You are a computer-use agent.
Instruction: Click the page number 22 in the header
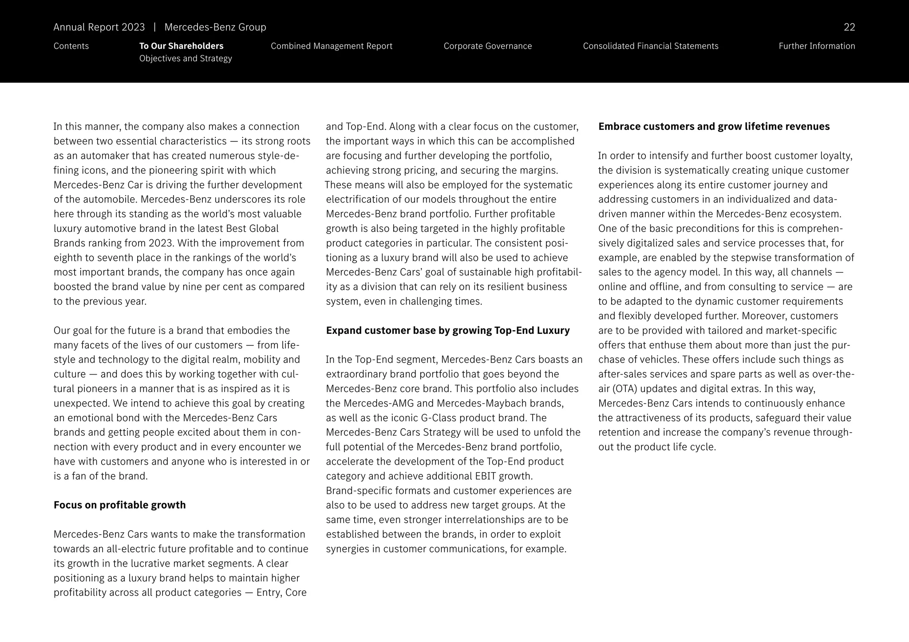click(849, 27)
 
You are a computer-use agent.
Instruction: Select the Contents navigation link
click(71, 46)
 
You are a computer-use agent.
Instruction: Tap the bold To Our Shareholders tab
click(181, 46)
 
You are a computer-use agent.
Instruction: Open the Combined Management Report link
click(331, 46)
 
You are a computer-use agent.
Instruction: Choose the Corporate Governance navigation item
click(487, 46)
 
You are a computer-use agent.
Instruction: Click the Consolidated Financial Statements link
click(650, 46)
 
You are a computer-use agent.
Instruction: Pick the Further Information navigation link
click(816, 46)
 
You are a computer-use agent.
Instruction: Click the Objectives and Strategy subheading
click(185, 59)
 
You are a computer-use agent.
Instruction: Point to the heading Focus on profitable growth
click(119, 505)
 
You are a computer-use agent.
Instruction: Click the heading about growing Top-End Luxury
click(447, 330)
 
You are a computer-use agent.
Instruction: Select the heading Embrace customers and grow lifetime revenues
click(713, 126)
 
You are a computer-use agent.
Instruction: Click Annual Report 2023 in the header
click(99, 27)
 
